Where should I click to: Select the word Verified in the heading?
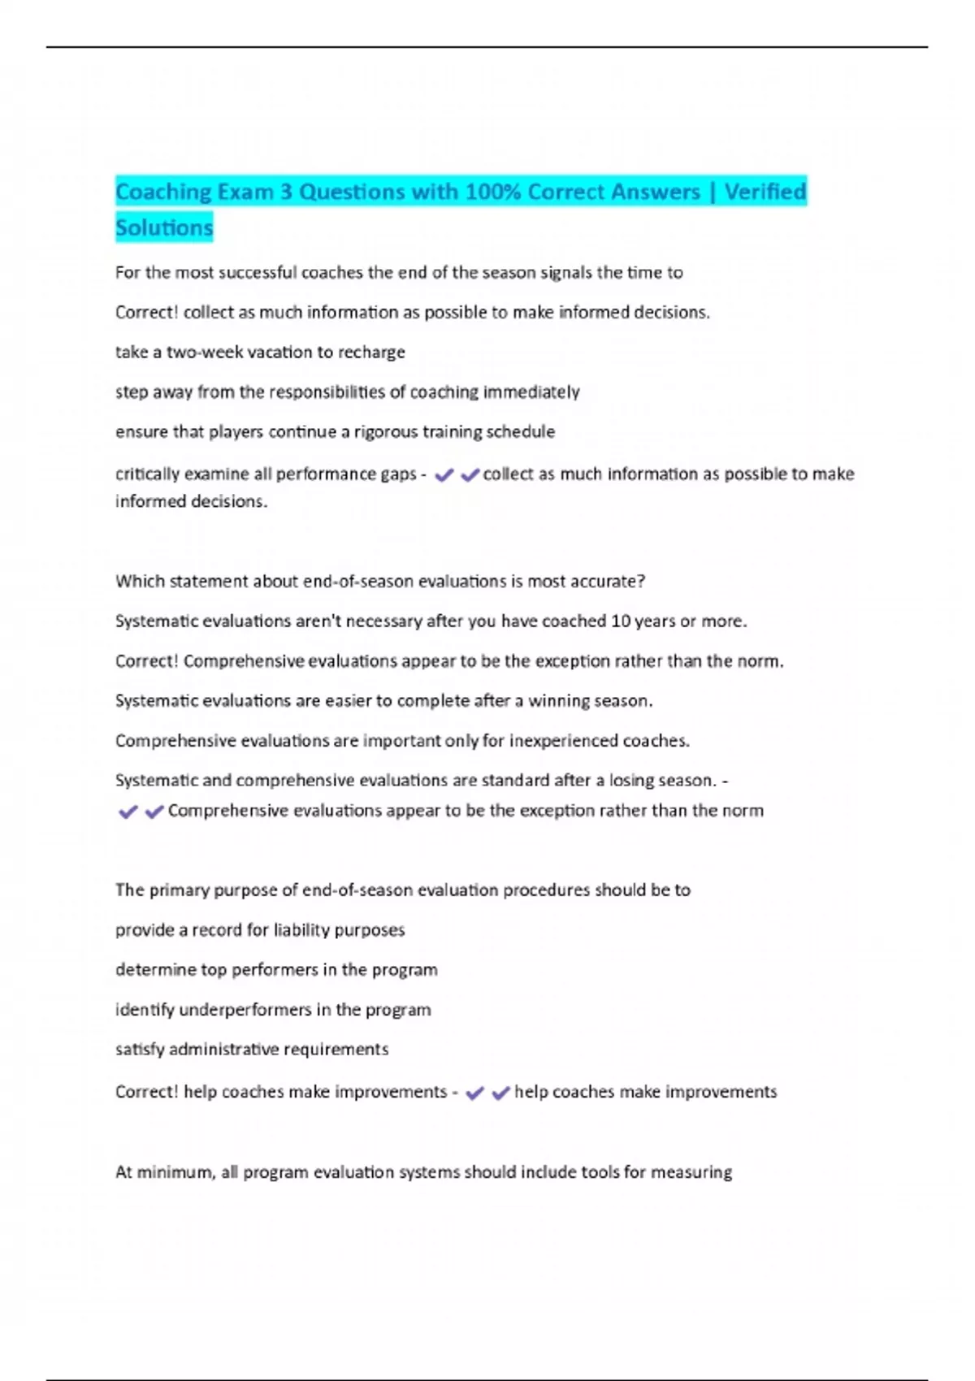coord(765,192)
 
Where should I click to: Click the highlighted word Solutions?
coord(164,227)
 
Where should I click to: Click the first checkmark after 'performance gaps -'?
coord(444,475)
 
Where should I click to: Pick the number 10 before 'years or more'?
coord(620,621)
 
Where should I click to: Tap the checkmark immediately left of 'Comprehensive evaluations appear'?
coord(154,812)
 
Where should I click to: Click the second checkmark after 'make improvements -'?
coord(500,1093)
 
